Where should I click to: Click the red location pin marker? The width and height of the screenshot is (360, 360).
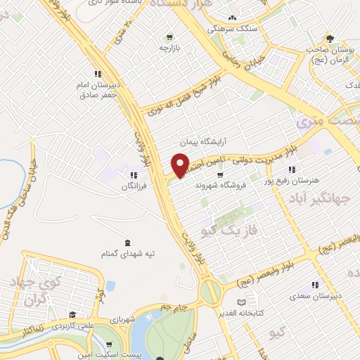pyautogui.click(x=181, y=165)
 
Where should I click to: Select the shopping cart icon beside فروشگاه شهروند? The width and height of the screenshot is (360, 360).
pyautogui.click(x=220, y=175)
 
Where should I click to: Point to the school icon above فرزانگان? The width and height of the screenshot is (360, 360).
pyautogui.click(x=132, y=175)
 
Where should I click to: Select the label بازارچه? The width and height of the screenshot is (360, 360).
pyautogui.click(x=169, y=48)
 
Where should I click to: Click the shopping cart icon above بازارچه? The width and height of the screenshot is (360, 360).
pyautogui.click(x=169, y=37)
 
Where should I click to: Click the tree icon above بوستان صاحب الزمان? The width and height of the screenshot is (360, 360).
pyautogui.click(x=330, y=39)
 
